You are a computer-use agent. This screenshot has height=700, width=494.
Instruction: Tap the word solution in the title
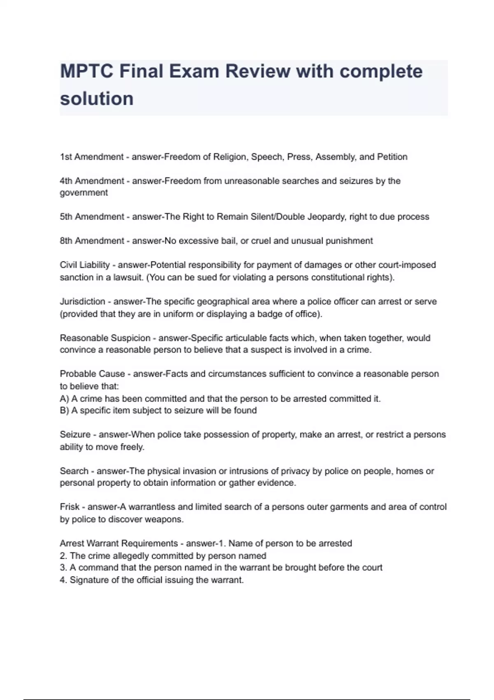point(97,99)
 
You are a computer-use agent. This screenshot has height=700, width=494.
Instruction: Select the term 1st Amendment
point(91,157)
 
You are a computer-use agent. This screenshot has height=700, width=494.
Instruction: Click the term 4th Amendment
point(92,181)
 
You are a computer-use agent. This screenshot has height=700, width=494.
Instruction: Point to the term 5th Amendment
point(92,217)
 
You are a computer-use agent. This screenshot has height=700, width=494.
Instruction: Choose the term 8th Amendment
point(92,241)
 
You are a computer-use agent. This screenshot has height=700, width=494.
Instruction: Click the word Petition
point(392,157)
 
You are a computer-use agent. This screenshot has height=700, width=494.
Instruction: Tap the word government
point(84,193)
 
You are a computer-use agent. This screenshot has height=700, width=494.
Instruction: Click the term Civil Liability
point(85,265)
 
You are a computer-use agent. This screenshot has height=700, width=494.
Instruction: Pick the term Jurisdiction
point(83,301)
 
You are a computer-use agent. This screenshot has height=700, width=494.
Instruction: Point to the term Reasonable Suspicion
point(105,338)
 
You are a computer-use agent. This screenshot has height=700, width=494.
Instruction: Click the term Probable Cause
point(93,374)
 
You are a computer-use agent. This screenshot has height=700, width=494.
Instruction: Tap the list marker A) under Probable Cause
point(64,399)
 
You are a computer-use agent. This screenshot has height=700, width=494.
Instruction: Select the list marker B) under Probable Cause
point(64,411)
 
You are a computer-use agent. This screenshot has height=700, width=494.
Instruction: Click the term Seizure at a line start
point(75,434)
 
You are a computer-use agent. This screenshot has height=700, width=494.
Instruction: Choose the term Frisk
point(69,507)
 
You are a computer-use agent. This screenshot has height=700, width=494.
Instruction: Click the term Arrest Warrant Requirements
point(119,544)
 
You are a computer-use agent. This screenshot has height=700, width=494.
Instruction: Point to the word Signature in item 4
point(89,580)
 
